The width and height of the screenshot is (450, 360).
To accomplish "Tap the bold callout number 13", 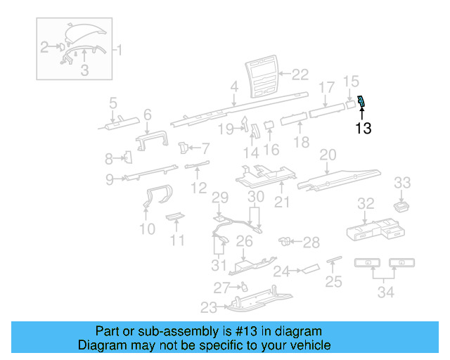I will [363, 129].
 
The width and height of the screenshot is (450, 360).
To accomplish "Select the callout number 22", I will [300, 74].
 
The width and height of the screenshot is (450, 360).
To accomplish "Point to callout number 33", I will [401, 183].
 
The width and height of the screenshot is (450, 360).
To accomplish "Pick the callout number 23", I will [209, 307].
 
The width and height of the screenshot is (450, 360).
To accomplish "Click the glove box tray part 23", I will [253, 301].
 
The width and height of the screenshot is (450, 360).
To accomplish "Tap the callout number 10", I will [147, 229].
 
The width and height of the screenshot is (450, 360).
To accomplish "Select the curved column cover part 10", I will [155, 198].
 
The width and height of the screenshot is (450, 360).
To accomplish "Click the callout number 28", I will [311, 243].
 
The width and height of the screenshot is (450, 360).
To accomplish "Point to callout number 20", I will [328, 155].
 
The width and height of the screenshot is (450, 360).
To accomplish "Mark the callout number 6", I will [148, 115].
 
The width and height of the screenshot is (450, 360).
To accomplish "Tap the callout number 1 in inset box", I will [118, 51].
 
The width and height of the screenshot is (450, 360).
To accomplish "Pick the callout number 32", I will [365, 204].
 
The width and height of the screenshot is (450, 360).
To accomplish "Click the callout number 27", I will [221, 288].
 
